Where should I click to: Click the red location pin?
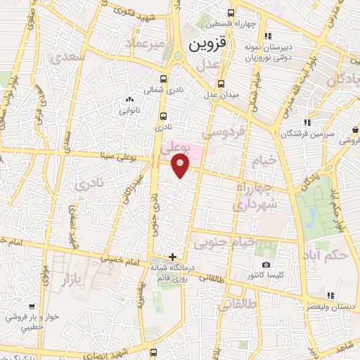coord(181,165)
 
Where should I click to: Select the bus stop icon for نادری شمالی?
coord(164,79)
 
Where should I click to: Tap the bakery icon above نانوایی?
coord(129,99)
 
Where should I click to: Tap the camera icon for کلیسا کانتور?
coord(266,264)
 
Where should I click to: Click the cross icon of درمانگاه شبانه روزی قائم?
coord(172,257)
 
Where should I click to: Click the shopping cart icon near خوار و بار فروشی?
coord(32,307)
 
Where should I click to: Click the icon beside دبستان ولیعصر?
coord(330,295)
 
